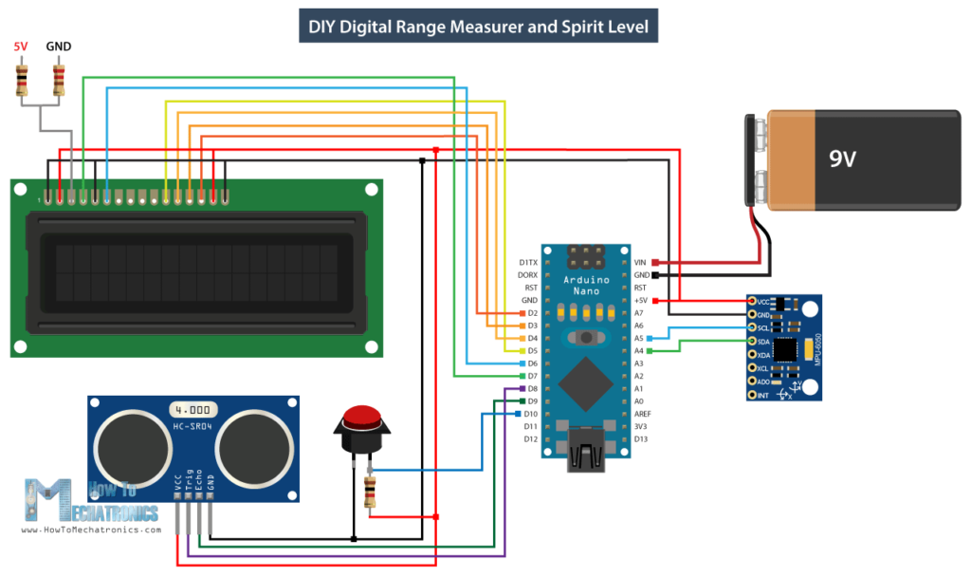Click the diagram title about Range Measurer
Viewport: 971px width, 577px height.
pyautogui.click(x=479, y=27)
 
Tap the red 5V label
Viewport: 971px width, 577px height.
pyautogui.click(x=21, y=46)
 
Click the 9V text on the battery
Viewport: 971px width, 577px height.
pyautogui.click(x=842, y=158)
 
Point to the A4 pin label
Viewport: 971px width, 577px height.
pyautogui.click(x=639, y=350)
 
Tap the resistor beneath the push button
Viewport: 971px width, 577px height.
pyautogui.click(x=369, y=491)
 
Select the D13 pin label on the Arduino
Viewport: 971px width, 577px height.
pyautogui.click(x=641, y=438)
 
